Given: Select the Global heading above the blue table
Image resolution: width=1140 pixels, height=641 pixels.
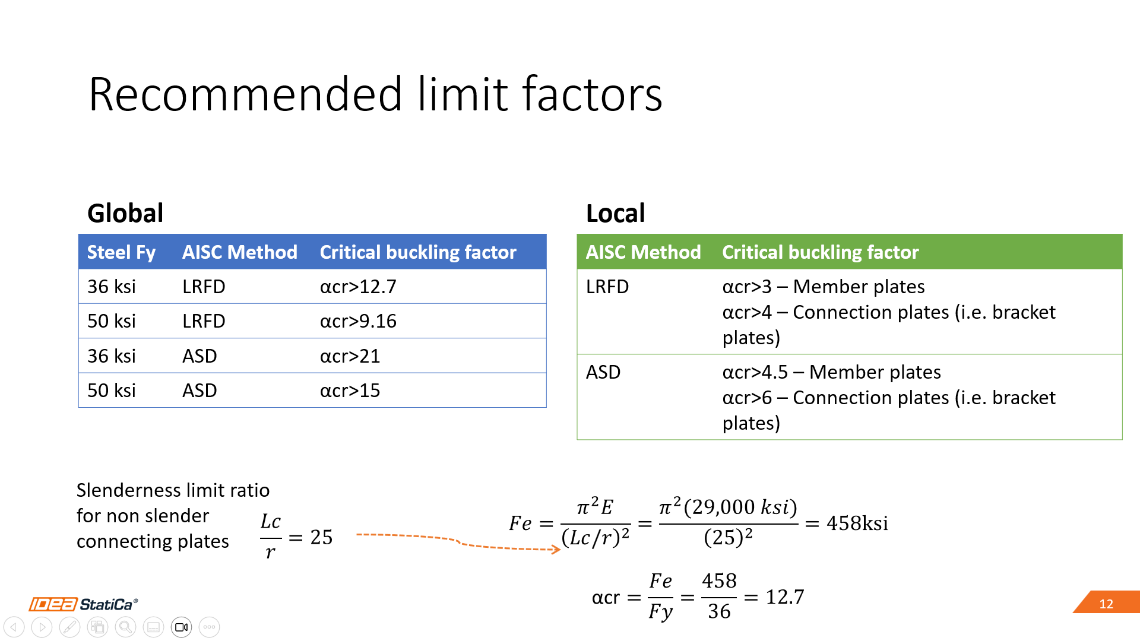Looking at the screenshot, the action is pos(125,213).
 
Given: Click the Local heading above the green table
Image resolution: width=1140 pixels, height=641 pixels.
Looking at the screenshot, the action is pos(615,213).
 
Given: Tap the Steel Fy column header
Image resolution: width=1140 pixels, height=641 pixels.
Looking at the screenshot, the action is pos(121,252).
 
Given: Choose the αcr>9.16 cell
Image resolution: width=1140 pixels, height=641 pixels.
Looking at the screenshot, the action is pos(358,321).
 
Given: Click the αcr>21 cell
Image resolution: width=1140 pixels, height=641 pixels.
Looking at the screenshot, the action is pos(350,356).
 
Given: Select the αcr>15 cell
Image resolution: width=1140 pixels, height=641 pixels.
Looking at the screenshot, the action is pos(350,391).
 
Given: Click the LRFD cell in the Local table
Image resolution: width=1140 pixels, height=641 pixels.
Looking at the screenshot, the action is pos(607,287).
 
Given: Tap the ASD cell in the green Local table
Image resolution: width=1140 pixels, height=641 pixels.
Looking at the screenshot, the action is pos(603,372).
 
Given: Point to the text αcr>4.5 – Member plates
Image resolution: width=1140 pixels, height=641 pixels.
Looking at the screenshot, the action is pos(831,372).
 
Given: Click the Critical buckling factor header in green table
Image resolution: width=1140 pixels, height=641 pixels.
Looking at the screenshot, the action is pos(820,252).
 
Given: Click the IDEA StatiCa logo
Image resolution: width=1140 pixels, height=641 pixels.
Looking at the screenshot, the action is pos(83,604).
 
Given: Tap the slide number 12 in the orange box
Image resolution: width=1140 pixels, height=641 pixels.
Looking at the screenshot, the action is pos(1106,604).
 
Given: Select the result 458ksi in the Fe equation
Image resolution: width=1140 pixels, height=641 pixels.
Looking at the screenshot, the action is pos(857,523).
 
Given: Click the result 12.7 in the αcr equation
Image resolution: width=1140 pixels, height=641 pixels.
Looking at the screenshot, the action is pos(785,596).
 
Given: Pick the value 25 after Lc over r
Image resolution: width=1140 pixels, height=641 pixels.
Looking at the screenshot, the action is pos(321,537).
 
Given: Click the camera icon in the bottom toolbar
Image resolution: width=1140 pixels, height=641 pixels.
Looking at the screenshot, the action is pos(182,627).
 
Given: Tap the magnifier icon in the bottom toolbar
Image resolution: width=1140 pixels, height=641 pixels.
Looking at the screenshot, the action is pos(125,627).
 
